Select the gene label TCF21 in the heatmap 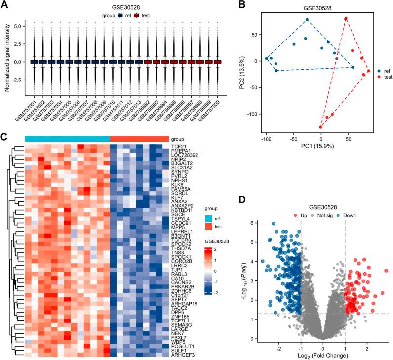(178, 147)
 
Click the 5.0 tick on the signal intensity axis (16, 24)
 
